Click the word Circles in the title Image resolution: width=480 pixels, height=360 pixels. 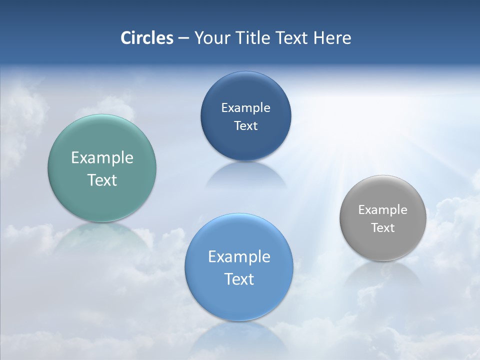click(147, 38)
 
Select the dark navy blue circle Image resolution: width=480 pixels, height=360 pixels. click(245, 90)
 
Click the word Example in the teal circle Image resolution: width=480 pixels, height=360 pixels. click(102, 157)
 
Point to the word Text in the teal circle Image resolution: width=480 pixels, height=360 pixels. click(102, 180)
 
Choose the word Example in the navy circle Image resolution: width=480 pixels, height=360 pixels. click(245, 107)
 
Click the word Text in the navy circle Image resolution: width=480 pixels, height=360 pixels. click(245, 125)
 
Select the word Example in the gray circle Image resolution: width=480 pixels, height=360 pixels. click(383, 210)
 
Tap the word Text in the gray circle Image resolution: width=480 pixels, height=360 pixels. click(383, 228)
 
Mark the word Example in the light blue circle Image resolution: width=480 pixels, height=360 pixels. click(239, 256)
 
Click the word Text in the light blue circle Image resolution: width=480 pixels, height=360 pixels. click(239, 279)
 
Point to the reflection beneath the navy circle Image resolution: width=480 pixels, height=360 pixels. click(245, 175)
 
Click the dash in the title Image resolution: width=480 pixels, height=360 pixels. click(183, 38)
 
